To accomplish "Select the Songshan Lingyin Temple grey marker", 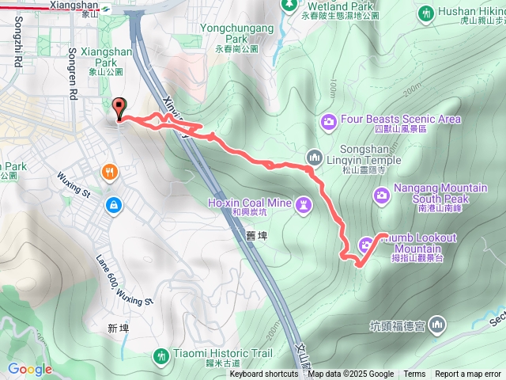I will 313,155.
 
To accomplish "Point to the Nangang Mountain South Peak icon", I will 381,194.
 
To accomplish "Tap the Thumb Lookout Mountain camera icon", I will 367,244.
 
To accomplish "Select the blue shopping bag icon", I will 115,205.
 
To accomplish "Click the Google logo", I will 29,369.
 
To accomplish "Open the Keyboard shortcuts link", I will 264,374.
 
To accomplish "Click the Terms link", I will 414,374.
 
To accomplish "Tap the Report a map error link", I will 468,374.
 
